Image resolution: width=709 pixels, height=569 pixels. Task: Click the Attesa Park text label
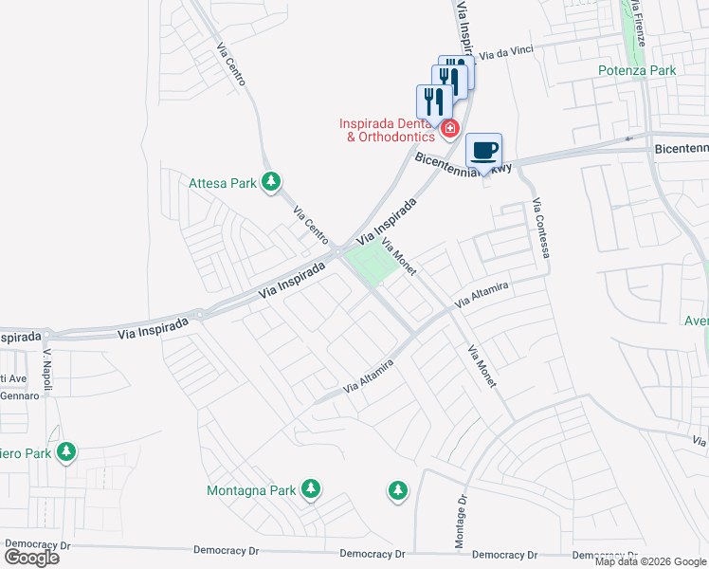point(223,183)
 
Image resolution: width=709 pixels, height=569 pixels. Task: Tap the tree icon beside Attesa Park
point(272,181)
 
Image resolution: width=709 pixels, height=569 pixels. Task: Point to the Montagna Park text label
point(251,491)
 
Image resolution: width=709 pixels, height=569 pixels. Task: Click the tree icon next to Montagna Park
point(311,489)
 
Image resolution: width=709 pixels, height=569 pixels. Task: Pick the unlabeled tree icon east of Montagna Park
point(398,490)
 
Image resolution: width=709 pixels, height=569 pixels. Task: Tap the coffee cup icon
point(484,150)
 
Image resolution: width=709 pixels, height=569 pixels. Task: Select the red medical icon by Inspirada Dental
point(450,127)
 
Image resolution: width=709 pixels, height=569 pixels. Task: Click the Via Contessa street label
point(541,229)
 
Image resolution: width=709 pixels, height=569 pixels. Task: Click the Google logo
point(31,558)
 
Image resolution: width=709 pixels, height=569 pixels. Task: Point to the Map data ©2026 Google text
point(649,561)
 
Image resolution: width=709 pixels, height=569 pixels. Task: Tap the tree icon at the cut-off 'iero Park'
point(66,451)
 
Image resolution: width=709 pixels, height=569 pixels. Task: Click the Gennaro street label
point(19,395)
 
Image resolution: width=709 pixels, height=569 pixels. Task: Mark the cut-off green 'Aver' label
point(697,321)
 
